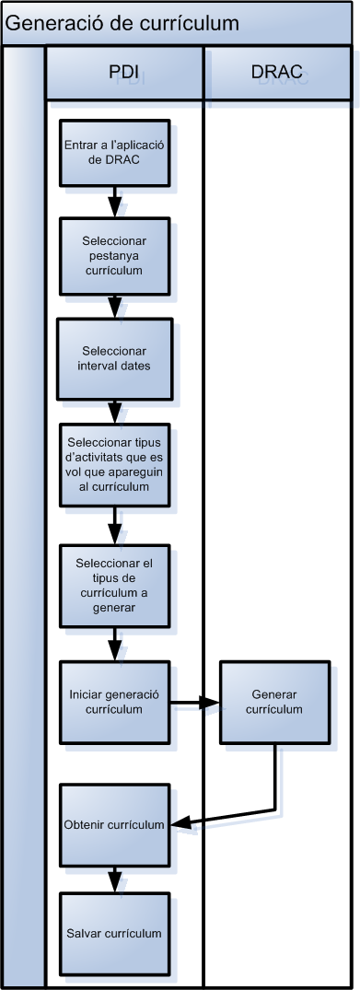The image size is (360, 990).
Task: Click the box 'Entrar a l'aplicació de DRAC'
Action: click(x=114, y=152)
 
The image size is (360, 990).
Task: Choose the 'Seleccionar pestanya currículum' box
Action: click(x=115, y=255)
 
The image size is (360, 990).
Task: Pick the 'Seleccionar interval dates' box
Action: click(x=114, y=358)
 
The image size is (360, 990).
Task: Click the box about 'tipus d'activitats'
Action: click(x=114, y=465)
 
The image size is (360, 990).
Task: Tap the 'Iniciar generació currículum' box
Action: click(x=114, y=703)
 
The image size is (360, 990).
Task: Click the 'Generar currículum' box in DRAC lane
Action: click(x=274, y=702)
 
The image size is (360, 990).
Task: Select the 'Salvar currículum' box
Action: click(x=114, y=933)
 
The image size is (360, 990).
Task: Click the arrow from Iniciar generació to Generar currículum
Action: click(x=195, y=704)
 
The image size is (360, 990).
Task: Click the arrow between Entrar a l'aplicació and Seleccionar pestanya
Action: click(x=114, y=201)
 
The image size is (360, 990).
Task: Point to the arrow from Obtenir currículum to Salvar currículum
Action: click(x=114, y=878)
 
